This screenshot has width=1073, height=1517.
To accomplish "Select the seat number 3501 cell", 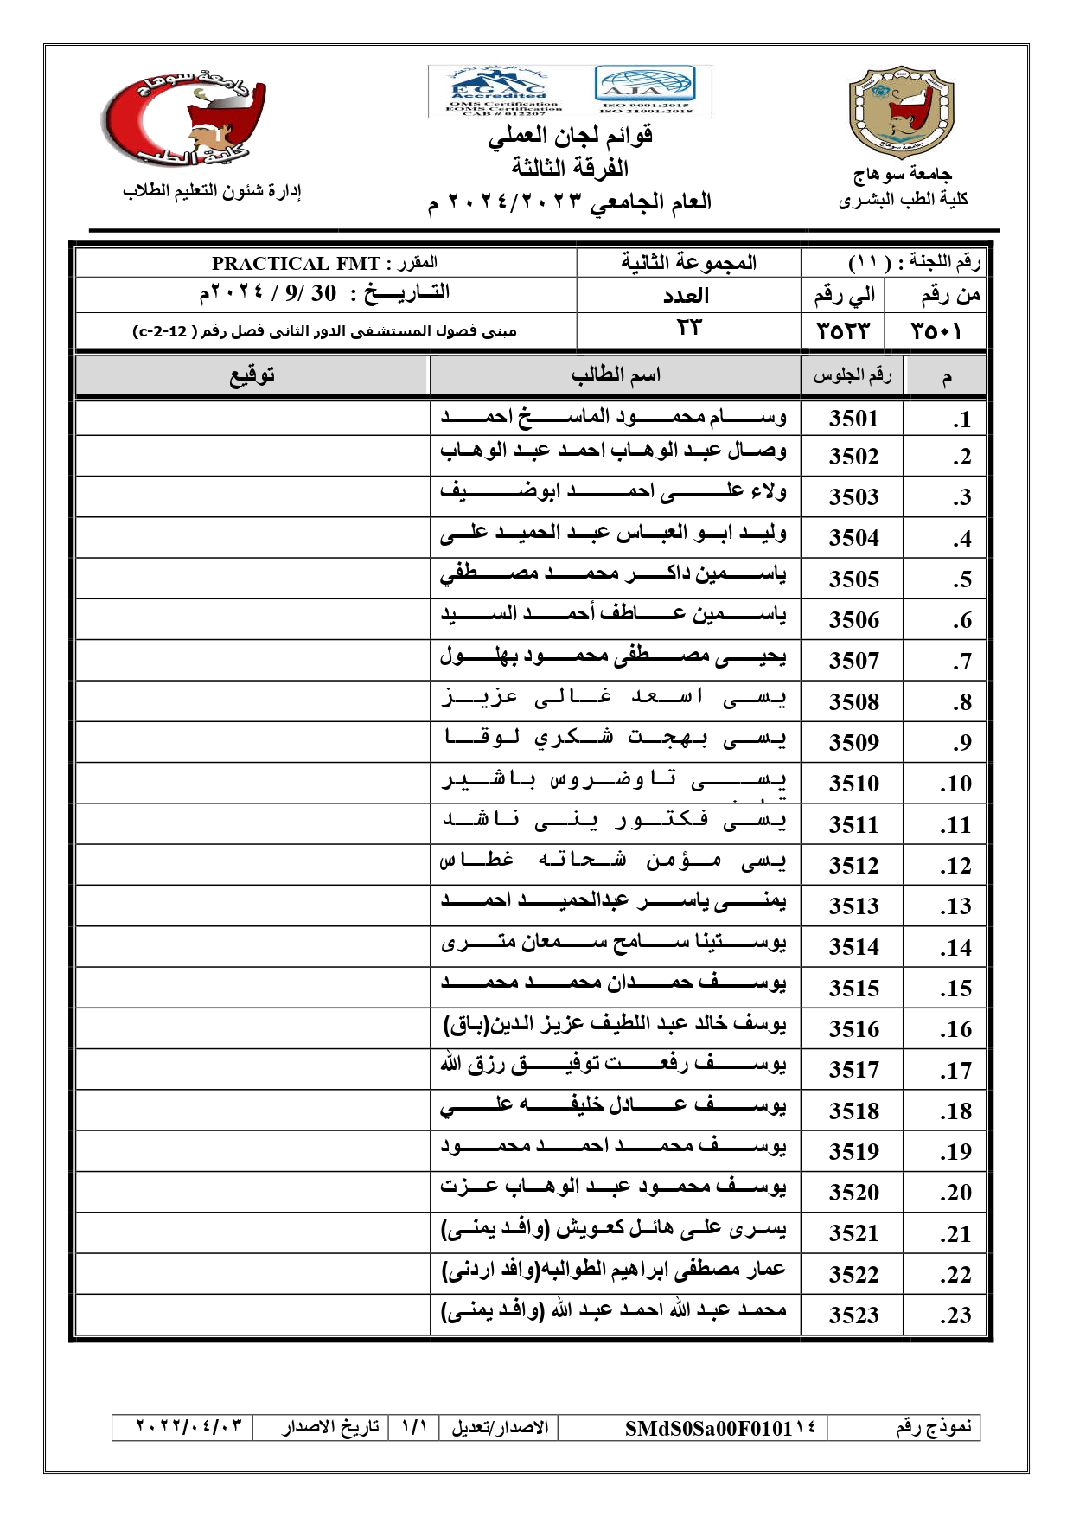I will [853, 419].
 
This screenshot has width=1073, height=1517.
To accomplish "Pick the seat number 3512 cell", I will [853, 865].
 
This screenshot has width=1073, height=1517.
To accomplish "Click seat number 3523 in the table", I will [853, 1315].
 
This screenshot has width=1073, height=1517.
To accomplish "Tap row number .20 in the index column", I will [955, 1193].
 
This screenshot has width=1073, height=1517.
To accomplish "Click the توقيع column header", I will [252, 375].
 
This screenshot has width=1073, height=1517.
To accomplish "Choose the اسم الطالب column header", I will [616, 375].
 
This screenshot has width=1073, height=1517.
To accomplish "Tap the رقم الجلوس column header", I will [852, 375].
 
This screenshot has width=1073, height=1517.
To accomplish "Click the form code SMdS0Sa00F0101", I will [709, 1428].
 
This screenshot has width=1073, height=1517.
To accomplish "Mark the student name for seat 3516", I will [614, 1027].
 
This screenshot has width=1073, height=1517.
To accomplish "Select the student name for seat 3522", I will [614, 1271].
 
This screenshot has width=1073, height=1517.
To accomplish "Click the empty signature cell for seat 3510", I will [252, 783].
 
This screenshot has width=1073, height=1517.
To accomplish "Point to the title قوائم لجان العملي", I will [570, 136].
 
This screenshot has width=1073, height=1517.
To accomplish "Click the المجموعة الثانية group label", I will [688, 263].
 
